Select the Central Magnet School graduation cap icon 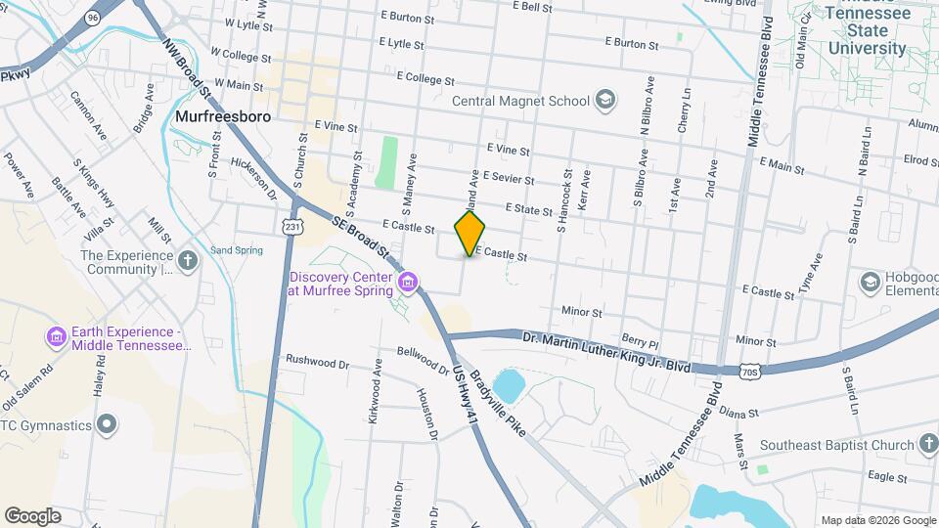[x=604, y=100]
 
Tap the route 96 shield [x=92, y=18]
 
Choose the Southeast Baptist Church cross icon [x=929, y=445]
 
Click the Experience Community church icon [x=188, y=260]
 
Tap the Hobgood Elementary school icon [x=870, y=282]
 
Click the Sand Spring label [x=237, y=250]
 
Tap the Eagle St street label [x=888, y=476]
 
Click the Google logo [x=32, y=515]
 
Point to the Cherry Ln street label [x=684, y=113]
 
